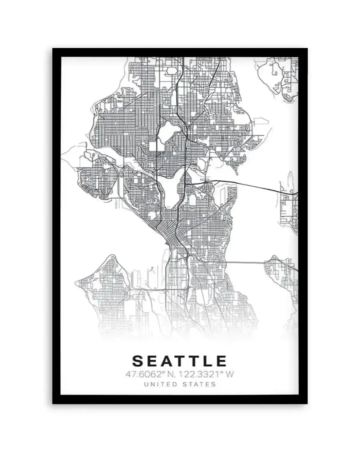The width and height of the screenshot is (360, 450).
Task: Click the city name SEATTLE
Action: (179, 361)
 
